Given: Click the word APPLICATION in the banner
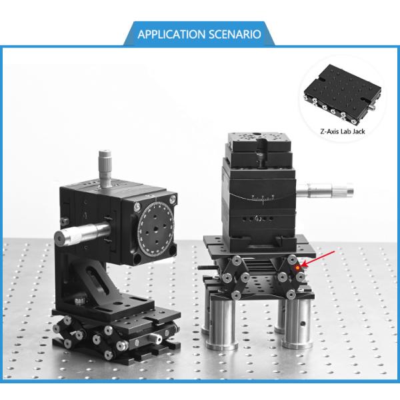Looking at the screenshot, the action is [x=171, y=34].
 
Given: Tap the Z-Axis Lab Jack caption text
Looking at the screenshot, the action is [x=343, y=131].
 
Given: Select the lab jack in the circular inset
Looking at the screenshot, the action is [x=343, y=94].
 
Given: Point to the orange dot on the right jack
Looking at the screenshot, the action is [x=297, y=268].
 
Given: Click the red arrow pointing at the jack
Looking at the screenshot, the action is [x=318, y=259].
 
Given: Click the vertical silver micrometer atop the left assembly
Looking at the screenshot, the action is [x=105, y=169].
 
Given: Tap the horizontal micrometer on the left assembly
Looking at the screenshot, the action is [x=82, y=234].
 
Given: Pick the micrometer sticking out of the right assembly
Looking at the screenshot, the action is [x=325, y=191].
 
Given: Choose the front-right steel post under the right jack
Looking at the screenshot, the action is [x=298, y=323].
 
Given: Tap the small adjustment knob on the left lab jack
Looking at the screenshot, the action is [x=156, y=338].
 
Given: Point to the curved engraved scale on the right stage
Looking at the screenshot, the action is [x=263, y=197].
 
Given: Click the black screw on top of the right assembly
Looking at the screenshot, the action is [x=261, y=153].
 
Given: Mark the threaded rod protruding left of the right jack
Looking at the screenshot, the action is [x=207, y=267].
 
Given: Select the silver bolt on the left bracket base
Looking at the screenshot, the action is [x=81, y=299].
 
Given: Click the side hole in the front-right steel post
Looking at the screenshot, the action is [x=303, y=324].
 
